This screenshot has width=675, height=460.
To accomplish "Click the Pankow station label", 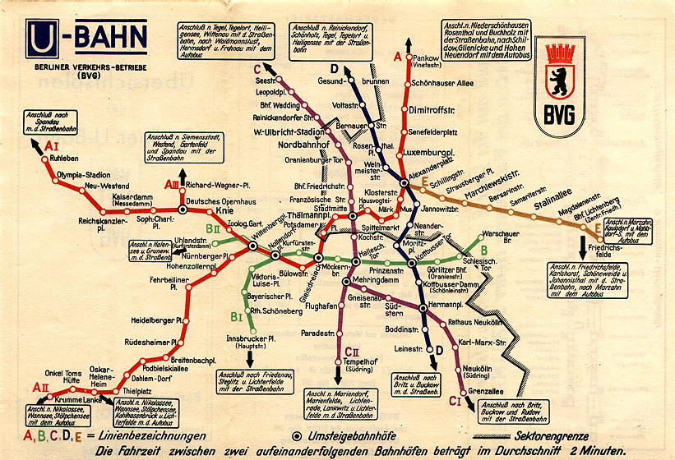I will point(425,58).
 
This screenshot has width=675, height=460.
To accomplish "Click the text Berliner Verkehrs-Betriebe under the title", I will point(85,68).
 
